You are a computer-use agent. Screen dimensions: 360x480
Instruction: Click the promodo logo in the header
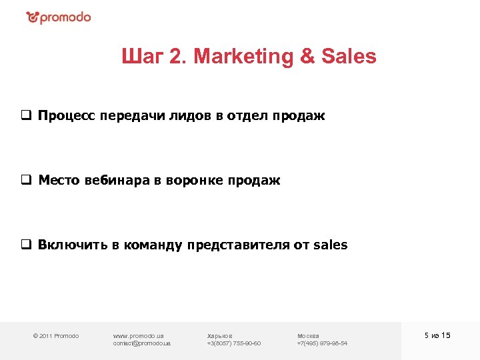(59, 17)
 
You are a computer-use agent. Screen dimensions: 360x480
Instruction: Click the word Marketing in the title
(242, 57)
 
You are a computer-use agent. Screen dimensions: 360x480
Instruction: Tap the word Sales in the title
(349, 57)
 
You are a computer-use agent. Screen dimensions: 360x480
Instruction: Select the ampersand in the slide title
(307, 57)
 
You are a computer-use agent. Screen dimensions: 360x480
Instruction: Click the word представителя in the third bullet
(238, 245)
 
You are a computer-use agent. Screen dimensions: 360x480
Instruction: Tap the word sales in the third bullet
(330, 245)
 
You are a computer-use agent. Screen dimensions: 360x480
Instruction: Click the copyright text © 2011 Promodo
(56, 335)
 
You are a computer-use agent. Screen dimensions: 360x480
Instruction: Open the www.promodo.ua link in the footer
(139, 335)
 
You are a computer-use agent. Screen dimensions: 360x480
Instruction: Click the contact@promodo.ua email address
(142, 343)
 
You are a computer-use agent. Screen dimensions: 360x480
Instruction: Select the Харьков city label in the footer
(220, 335)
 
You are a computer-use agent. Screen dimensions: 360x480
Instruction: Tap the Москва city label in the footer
(308, 335)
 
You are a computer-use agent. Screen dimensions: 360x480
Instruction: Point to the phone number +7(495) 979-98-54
(322, 343)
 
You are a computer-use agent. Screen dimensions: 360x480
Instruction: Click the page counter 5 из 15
(437, 335)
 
